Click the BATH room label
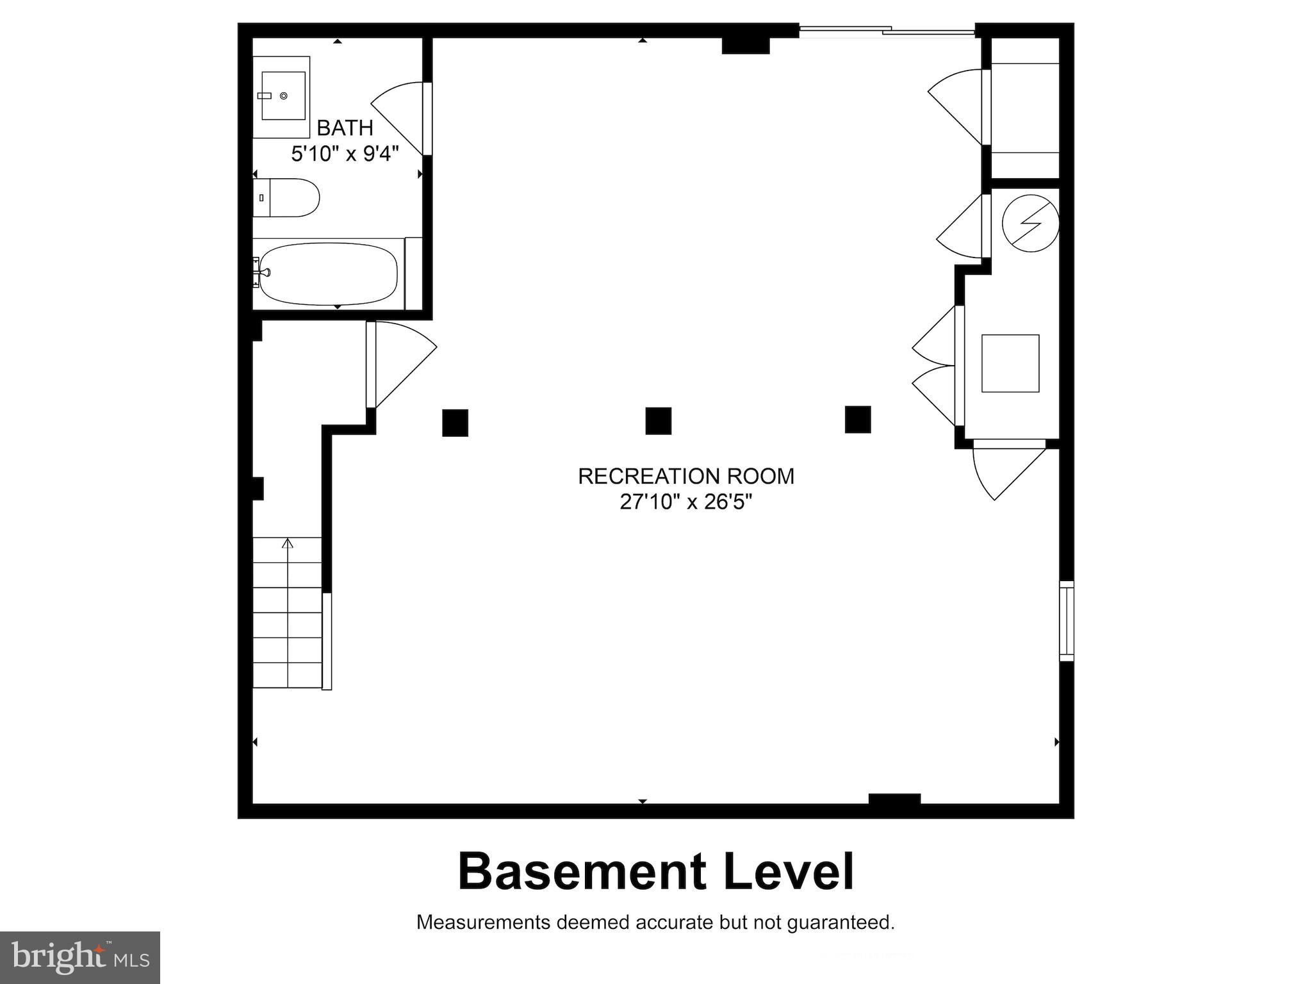pos(345,128)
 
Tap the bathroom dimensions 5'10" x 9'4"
pos(345,154)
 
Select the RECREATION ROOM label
pos(685,476)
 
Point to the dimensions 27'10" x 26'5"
pos(685,502)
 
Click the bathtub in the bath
pos(328,274)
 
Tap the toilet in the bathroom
pos(288,197)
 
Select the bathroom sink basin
pos(283,96)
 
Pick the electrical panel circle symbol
pos(1030,223)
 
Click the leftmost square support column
pos(455,423)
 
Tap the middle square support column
pos(658,421)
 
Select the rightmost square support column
pos(857,420)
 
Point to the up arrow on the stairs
pos(288,544)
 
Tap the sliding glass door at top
pos(887,29)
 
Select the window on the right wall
pos(1066,621)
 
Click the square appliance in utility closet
pos(1010,363)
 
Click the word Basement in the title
pos(582,873)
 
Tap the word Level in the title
pos(789,873)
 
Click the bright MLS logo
pos(80,957)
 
